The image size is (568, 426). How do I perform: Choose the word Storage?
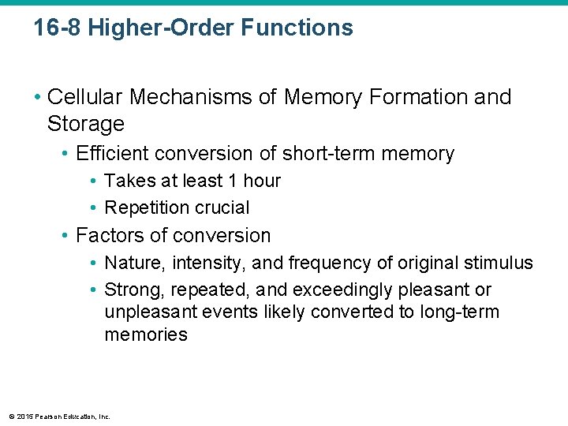[86, 124]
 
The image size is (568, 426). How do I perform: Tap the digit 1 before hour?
[231, 181]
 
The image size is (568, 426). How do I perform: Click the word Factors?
[108, 235]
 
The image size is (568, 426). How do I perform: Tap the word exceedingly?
[351, 290]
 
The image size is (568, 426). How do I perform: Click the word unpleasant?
[151, 312]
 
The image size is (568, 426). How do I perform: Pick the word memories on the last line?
[146, 334]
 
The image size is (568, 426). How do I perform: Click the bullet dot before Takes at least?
[93, 181]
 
